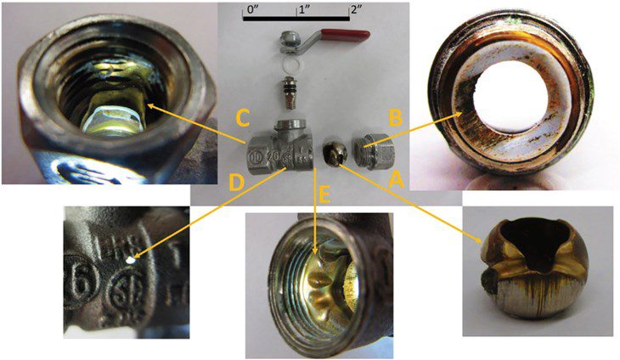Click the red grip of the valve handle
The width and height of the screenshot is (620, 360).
pos(350,36)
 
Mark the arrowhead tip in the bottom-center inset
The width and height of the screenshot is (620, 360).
pos(317,251)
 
